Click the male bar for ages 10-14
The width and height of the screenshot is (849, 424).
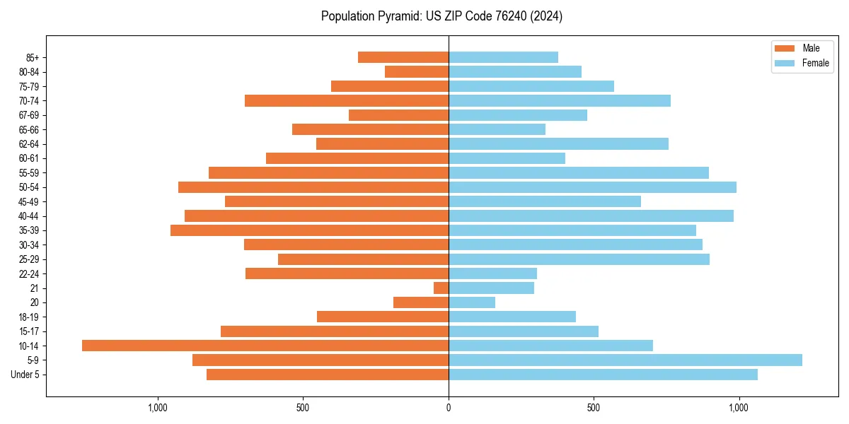265,346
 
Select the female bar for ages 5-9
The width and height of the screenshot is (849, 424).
625,360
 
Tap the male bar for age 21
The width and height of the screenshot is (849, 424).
441,288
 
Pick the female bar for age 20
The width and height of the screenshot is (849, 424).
472,302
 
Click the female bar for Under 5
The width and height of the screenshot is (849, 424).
603,375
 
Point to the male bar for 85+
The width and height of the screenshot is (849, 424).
403,57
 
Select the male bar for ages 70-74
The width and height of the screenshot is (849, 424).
347,101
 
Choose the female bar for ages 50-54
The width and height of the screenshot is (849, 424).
592,187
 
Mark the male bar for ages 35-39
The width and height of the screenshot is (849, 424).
309,230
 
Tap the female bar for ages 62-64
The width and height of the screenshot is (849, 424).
558,144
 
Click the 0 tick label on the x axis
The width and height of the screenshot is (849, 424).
449,408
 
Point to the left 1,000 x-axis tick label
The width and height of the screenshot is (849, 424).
158,408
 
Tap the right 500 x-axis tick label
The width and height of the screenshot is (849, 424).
594,408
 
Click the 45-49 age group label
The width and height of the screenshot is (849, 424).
29,201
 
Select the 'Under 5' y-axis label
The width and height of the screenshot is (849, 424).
25,375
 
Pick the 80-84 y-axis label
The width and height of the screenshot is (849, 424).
29,72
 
